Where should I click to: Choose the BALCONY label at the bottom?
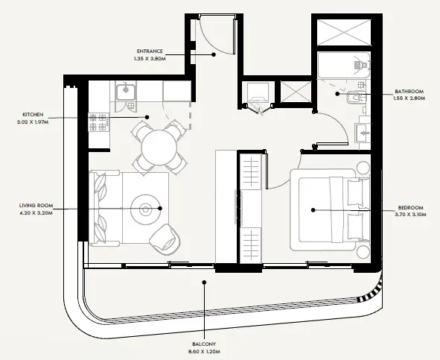(x=203, y=344)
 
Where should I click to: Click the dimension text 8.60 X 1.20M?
(x=203, y=350)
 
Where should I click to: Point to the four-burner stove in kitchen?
(x=100, y=121)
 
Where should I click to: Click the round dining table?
(x=158, y=147)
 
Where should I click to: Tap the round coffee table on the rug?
(x=142, y=209)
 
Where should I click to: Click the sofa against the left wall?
(x=101, y=208)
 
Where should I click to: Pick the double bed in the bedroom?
(x=328, y=210)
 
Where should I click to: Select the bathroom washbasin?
(x=365, y=133)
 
